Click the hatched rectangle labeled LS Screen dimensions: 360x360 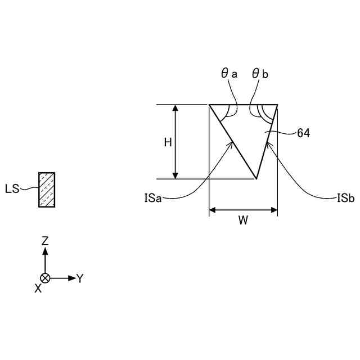pyautogui.click(x=47, y=190)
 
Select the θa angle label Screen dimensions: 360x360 pyautogui.click(x=229, y=74)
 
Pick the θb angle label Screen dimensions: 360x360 pyautogui.click(x=260, y=74)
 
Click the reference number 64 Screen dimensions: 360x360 pyautogui.click(x=303, y=133)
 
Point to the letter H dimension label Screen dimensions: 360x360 pyautogui.click(x=168, y=142)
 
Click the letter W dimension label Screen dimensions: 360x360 pyautogui.click(x=243, y=220)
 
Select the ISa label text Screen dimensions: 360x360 pyautogui.click(x=152, y=197)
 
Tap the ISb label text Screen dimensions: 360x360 pyautogui.click(x=344, y=197)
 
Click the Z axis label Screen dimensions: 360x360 pyautogui.click(x=46, y=241)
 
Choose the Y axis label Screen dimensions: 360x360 pyautogui.click(x=80, y=278)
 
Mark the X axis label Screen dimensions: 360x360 pyautogui.click(x=38, y=288)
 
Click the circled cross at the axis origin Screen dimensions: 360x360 pyautogui.click(x=46, y=278)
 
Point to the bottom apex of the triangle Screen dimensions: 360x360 pyautogui.click(x=256, y=179)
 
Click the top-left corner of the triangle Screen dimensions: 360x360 pyautogui.click(x=209, y=105)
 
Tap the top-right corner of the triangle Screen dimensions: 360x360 pyautogui.click(x=277, y=105)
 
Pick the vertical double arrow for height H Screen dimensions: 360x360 pyautogui.click(x=176, y=142)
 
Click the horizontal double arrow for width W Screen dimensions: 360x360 pyautogui.click(x=243, y=210)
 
